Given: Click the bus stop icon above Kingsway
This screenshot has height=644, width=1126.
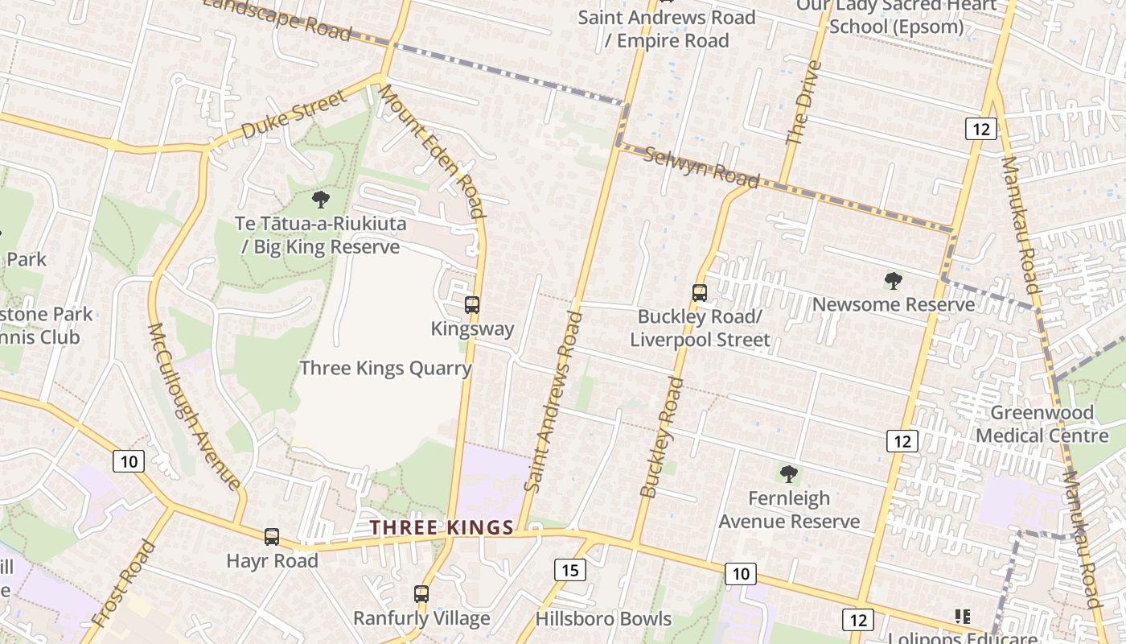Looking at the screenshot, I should [x=472, y=305].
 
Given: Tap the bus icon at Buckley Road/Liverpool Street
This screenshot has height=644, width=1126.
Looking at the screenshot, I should [x=700, y=293].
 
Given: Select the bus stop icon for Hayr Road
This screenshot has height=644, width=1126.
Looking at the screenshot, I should [x=272, y=537].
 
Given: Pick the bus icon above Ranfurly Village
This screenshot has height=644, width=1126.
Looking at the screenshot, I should [x=421, y=594].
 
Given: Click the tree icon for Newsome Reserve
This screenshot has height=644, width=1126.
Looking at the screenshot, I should [x=893, y=281].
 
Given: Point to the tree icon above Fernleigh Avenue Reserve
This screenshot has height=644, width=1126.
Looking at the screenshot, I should [x=789, y=474].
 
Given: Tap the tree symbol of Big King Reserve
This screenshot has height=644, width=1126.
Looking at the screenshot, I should [x=321, y=199].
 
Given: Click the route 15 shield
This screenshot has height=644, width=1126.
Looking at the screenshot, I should [x=569, y=570].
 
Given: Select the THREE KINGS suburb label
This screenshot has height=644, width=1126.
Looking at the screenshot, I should [x=442, y=527].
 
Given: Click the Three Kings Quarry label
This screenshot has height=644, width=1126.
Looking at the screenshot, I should [x=385, y=368].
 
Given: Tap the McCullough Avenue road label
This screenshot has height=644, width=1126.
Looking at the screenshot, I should [x=195, y=407].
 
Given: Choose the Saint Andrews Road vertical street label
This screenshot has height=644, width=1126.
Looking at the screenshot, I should [x=552, y=400].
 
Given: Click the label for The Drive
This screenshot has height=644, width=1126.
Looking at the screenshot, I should [x=803, y=103].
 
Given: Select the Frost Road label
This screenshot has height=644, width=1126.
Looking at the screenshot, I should [x=123, y=583].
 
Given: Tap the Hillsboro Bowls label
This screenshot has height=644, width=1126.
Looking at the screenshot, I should [x=603, y=618].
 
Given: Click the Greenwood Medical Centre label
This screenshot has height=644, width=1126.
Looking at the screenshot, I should [x=1042, y=423].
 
